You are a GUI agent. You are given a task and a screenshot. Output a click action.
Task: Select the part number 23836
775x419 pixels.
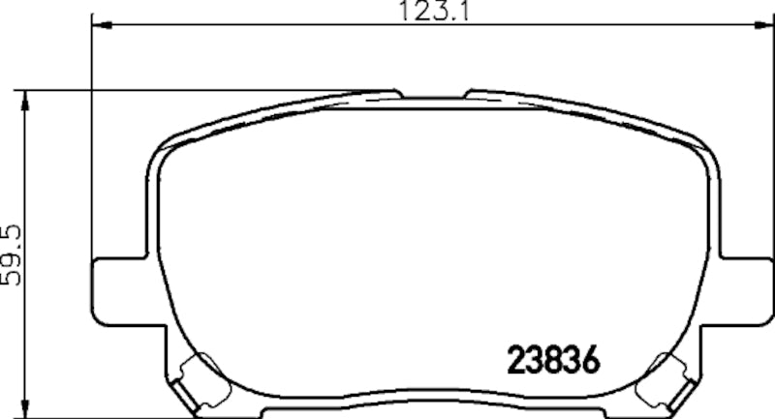pos(551,361)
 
